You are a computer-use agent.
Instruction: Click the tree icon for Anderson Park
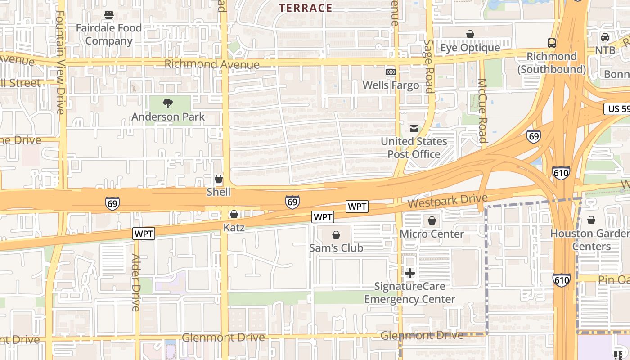tap(168, 103)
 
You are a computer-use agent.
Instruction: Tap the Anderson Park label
tap(168, 117)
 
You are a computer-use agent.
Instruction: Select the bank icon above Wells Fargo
tap(391, 72)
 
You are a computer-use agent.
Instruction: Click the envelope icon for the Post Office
tap(414, 129)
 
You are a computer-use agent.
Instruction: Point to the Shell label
tap(218, 192)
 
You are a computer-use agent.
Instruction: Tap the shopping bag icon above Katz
tap(234, 214)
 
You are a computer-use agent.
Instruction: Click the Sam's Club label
tap(336, 248)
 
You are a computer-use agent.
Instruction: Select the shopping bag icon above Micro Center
tap(432, 220)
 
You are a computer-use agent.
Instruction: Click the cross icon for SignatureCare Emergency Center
tap(409, 273)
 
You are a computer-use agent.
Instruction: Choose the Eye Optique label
tap(470, 48)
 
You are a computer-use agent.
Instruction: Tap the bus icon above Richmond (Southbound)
tap(552, 43)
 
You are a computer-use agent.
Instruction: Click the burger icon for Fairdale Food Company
tap(108, 15)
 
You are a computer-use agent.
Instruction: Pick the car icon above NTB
tap(605, 37)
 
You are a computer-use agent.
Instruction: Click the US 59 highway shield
tap(617, 108)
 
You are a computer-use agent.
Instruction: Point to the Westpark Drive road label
tap(447, 201)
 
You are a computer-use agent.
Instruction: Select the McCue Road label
tap(482, 111)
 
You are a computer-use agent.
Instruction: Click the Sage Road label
tap(429, 66)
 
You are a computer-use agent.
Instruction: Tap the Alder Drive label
tap(135, 282)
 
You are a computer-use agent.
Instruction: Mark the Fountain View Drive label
tap(60, 62)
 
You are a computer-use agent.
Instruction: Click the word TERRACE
tap(306, 8)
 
